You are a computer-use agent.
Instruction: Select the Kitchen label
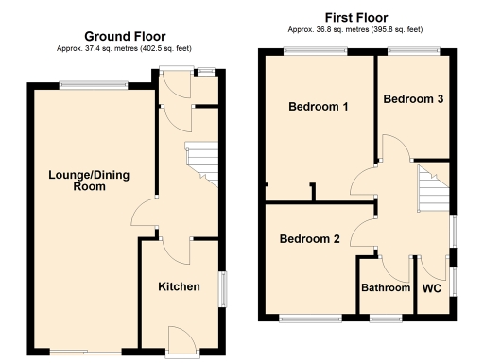pos(179,286)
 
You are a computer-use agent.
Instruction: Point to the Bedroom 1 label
pos(319,107)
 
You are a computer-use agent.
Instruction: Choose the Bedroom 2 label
pos(310,239)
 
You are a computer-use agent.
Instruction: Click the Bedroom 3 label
pos(412,98)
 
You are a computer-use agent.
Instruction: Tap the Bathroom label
pos(387,288)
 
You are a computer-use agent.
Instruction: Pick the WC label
pos(432,288)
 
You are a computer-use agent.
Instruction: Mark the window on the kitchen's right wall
pos(222,289)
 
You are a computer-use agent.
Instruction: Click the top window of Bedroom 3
pos(412,50)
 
